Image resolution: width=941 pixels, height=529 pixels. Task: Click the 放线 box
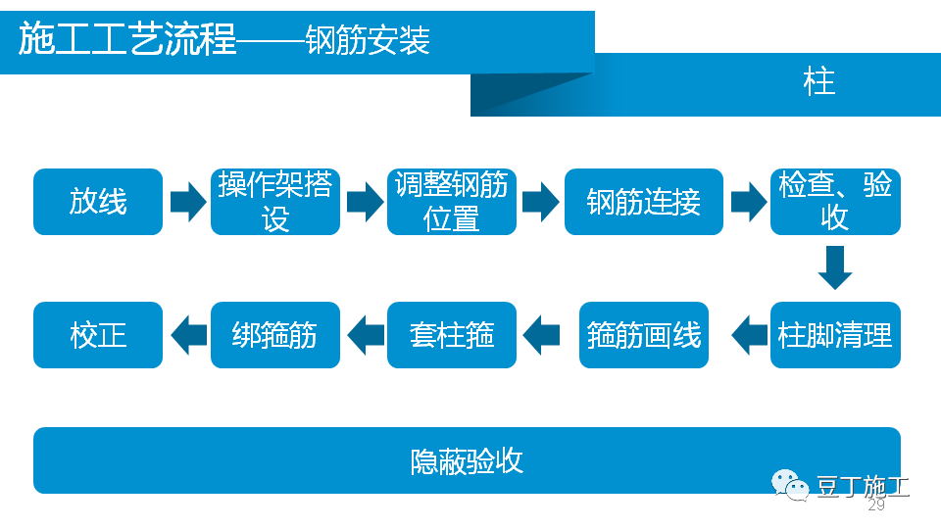point(98,202)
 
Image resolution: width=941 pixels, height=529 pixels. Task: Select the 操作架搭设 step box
point(275,202)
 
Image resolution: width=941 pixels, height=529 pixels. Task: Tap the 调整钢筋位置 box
point(452,202)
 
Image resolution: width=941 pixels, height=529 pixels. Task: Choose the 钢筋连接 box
point(644,202)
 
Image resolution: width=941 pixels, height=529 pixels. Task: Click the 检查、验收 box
point(835,202)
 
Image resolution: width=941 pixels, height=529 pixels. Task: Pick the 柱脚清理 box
point(835,335)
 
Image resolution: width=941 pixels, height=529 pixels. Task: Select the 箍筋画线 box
point(644,335)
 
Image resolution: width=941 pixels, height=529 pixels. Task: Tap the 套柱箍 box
point(452,335)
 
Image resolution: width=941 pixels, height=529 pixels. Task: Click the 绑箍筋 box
point(275,335)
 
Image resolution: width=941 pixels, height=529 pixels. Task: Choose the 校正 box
point(98,335)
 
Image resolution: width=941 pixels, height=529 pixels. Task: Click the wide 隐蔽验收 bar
point(467,460)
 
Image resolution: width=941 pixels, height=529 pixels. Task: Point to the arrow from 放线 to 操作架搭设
point(187,202)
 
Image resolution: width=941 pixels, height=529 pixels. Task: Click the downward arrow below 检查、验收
point(835,267)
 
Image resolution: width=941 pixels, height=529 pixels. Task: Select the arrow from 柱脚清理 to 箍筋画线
point(749,335)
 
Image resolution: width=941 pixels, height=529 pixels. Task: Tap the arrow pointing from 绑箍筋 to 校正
point(187,335)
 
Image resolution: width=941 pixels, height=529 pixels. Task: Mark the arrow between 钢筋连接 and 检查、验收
point(748,202)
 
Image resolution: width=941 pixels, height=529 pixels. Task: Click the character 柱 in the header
point(818,81)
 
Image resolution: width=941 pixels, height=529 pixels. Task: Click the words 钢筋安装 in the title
point(368,42)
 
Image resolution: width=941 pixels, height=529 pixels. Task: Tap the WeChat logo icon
point(790,484)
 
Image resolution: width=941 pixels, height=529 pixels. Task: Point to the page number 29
point(876,505)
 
